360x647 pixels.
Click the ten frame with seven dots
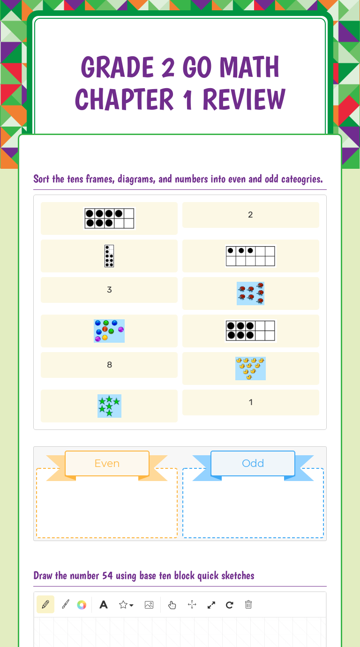point(109,218)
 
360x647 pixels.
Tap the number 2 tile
point(251,215)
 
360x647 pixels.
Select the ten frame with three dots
point(251,256)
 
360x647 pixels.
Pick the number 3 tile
point(109,290)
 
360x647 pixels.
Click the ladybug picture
point(251,293)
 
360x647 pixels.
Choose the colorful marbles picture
point(109,331)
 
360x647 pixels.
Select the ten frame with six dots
point(251,331)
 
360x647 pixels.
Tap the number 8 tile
point(109,365)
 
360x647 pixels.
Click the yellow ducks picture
point(251,369)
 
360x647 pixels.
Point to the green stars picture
point(109,406)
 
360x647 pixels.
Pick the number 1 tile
point(251,402)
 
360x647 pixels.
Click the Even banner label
point(107,463)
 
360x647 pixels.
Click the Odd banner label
point(253,463)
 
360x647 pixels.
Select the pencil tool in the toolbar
point(45,604)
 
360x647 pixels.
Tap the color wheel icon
point(82,605)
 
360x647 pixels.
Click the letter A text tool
point(104,604)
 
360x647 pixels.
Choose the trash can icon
point(248,604)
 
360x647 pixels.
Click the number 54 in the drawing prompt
point(107,575)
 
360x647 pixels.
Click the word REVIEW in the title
point(244,99)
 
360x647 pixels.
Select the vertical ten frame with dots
point(109,256)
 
